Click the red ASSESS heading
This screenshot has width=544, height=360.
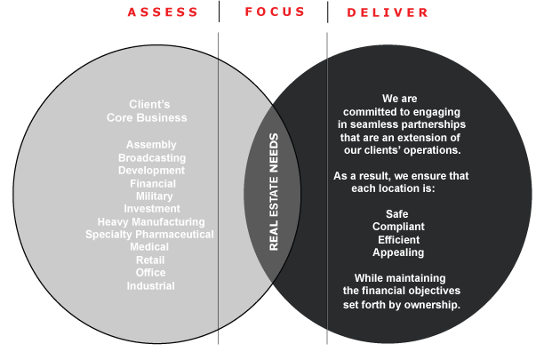162,12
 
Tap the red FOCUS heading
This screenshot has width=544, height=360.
275,12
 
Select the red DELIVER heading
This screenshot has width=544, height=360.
388,12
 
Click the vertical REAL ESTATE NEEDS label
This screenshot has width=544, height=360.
274,192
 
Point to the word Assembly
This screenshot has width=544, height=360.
151,145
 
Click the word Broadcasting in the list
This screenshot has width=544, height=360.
151,157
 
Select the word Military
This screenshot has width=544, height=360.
154,196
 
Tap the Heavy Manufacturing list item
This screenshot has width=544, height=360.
151,222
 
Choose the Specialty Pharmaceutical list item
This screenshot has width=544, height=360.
149,235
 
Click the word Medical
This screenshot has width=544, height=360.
149,247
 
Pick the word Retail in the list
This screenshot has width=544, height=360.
150,260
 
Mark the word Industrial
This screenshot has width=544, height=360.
150,286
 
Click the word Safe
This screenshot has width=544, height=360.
397,214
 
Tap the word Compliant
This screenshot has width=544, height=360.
397,227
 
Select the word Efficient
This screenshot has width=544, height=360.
397,240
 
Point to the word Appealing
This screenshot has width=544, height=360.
397,252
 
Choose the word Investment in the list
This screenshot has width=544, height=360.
152,209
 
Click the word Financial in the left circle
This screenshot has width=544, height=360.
152,183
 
